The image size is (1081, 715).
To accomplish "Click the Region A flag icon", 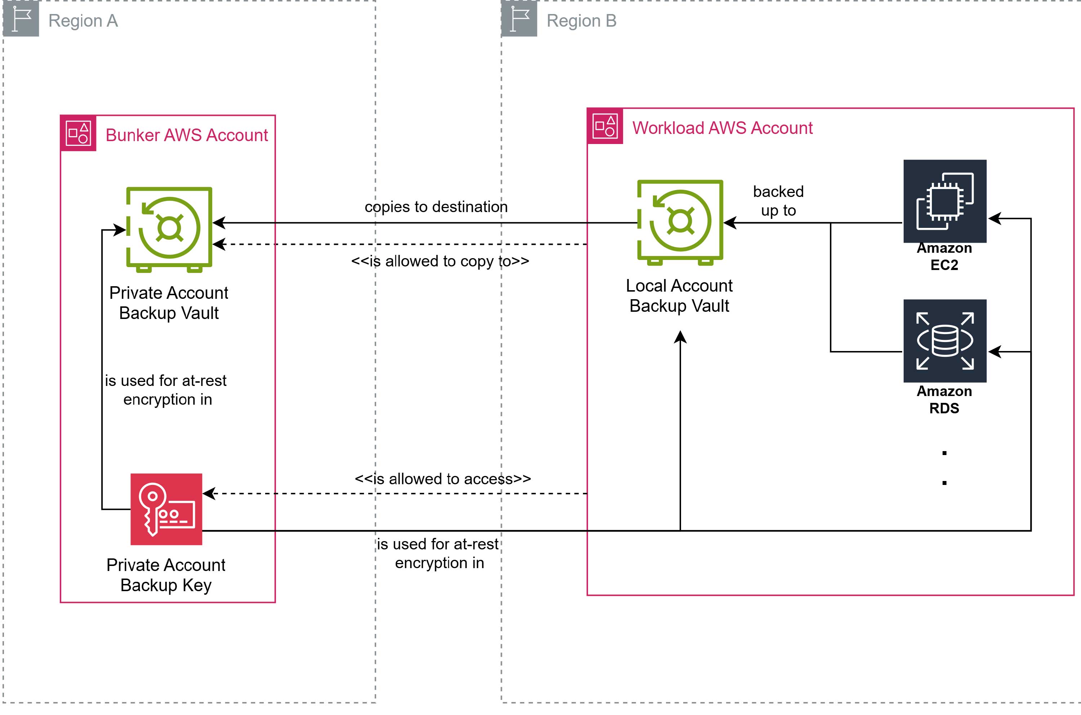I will [x=21, y=19].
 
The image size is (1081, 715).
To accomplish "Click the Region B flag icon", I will [x=519, y=19].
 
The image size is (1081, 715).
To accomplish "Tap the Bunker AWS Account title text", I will [x=187, y=135].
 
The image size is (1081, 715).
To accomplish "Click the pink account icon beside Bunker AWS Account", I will [x=78, y=133].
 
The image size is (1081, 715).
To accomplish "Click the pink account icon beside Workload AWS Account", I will [x=605, y=126].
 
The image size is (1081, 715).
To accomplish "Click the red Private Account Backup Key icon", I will [x=166, y=509].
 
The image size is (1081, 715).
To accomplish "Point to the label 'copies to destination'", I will [x=436, y=207].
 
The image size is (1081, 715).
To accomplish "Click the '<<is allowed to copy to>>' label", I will [x=440, y=261].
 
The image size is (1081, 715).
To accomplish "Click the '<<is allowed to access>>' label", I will [x=442, y=479].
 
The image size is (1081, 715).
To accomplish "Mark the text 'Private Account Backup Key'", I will [x=166, y=575].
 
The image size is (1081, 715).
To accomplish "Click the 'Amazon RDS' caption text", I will [x=944, y=400].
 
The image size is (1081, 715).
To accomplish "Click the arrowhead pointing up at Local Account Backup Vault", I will [x=680, y=337].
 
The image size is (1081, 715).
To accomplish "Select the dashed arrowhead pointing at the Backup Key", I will [x=209, y=493].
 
